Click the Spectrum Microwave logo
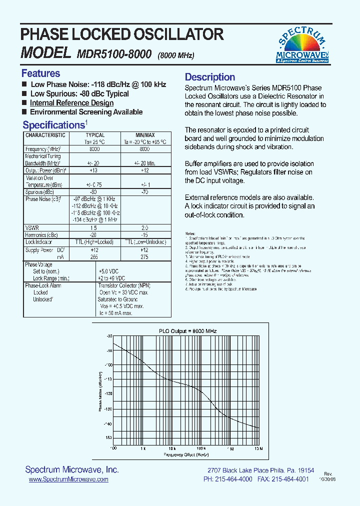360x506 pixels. click(x=303, y=45)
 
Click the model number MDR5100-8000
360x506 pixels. click(x=114, y=54)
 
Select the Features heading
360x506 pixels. click(x=40, y=73)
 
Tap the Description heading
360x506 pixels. click(x=210, y=77)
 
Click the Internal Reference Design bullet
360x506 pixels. click(x=71, y=103)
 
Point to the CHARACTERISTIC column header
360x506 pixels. click(x=45, y=135)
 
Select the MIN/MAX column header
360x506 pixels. click(x=145, y=135)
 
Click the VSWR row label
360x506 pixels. click(x=32, y=227)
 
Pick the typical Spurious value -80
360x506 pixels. click(x=92, y=191)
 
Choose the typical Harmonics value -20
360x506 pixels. click(x=92, y=234)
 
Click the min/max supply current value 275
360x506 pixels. click(x=144, y=256)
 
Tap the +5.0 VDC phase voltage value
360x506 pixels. click(x=110, y=271)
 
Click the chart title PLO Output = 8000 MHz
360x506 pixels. click(x=181, y=331)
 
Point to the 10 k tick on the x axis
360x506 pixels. click(x=171, y=448)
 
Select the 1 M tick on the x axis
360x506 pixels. click(x=230, y=448)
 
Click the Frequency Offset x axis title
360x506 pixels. click(x=185, y=454)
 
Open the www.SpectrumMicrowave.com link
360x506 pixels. click(x=68, y=479)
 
